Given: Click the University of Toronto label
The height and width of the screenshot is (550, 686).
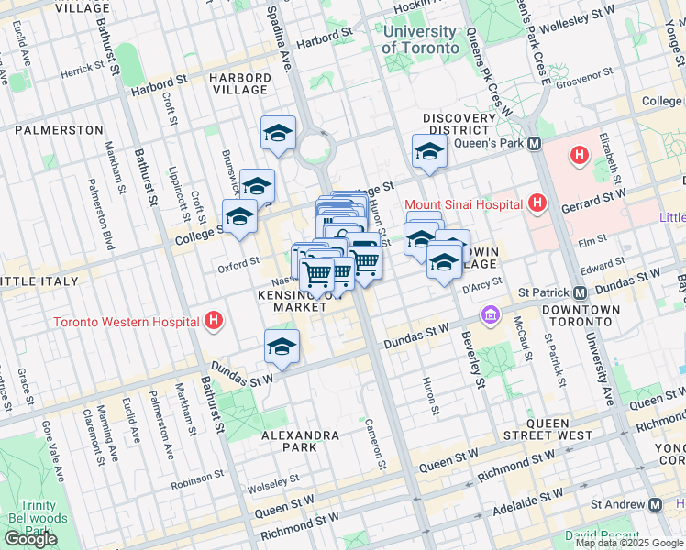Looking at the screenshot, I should (x=419, y=39).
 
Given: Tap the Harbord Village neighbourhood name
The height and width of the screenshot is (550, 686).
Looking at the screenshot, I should (x=239, y=84).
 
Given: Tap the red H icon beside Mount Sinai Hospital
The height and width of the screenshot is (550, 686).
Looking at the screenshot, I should (x=537, y=203).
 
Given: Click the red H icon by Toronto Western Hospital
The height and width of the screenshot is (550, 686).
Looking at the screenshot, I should (x=213, y=321).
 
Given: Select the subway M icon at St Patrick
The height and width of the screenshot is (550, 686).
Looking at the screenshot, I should (x=580, y=292).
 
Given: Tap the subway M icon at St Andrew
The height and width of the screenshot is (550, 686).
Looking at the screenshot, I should (x=655, y=504).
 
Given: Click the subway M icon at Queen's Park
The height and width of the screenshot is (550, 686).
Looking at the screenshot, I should (x=534, y=144).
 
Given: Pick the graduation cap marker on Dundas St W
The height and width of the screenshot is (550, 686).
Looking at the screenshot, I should (x=282, y=346).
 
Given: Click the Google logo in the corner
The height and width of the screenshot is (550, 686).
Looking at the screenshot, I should (x=30, y=539).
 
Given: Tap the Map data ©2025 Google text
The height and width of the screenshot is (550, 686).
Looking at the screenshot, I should (x=629, y=543).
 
